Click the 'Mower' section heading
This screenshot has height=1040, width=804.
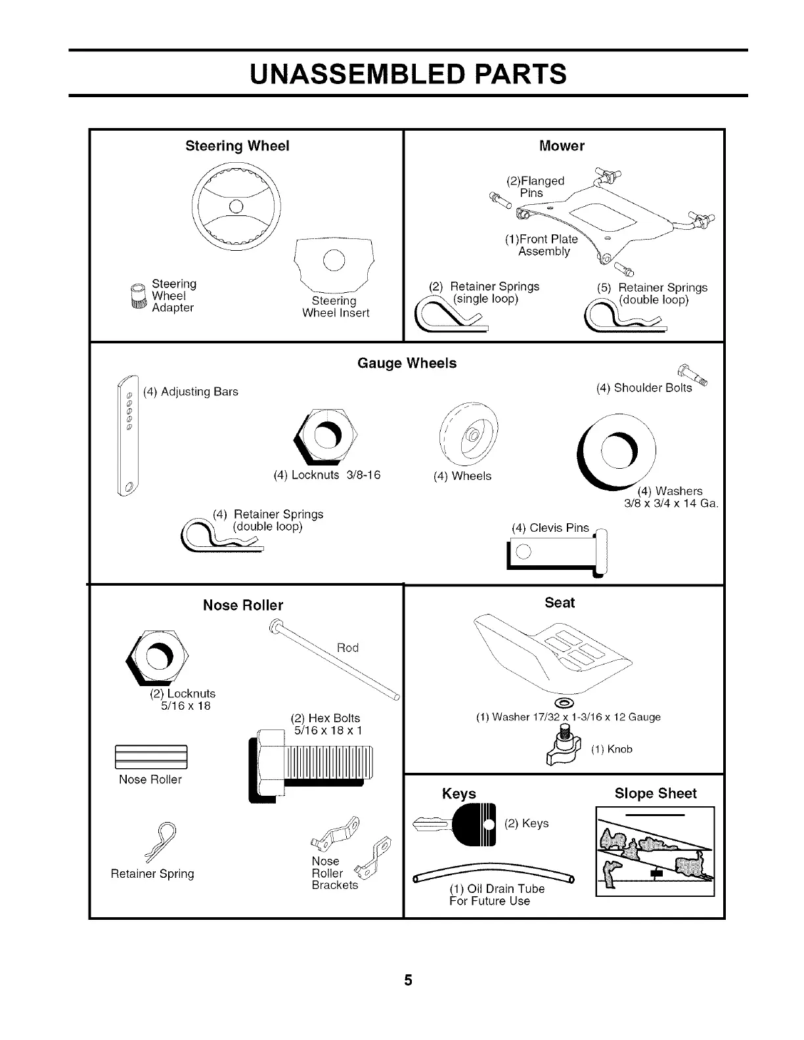(562, 146)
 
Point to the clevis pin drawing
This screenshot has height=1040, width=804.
(558, 552)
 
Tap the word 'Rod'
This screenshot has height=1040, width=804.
(347, 648)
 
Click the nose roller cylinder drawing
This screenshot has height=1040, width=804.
(150, 757)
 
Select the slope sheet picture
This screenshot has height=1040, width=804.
(654, 851)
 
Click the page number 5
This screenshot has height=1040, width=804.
(407, 980)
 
